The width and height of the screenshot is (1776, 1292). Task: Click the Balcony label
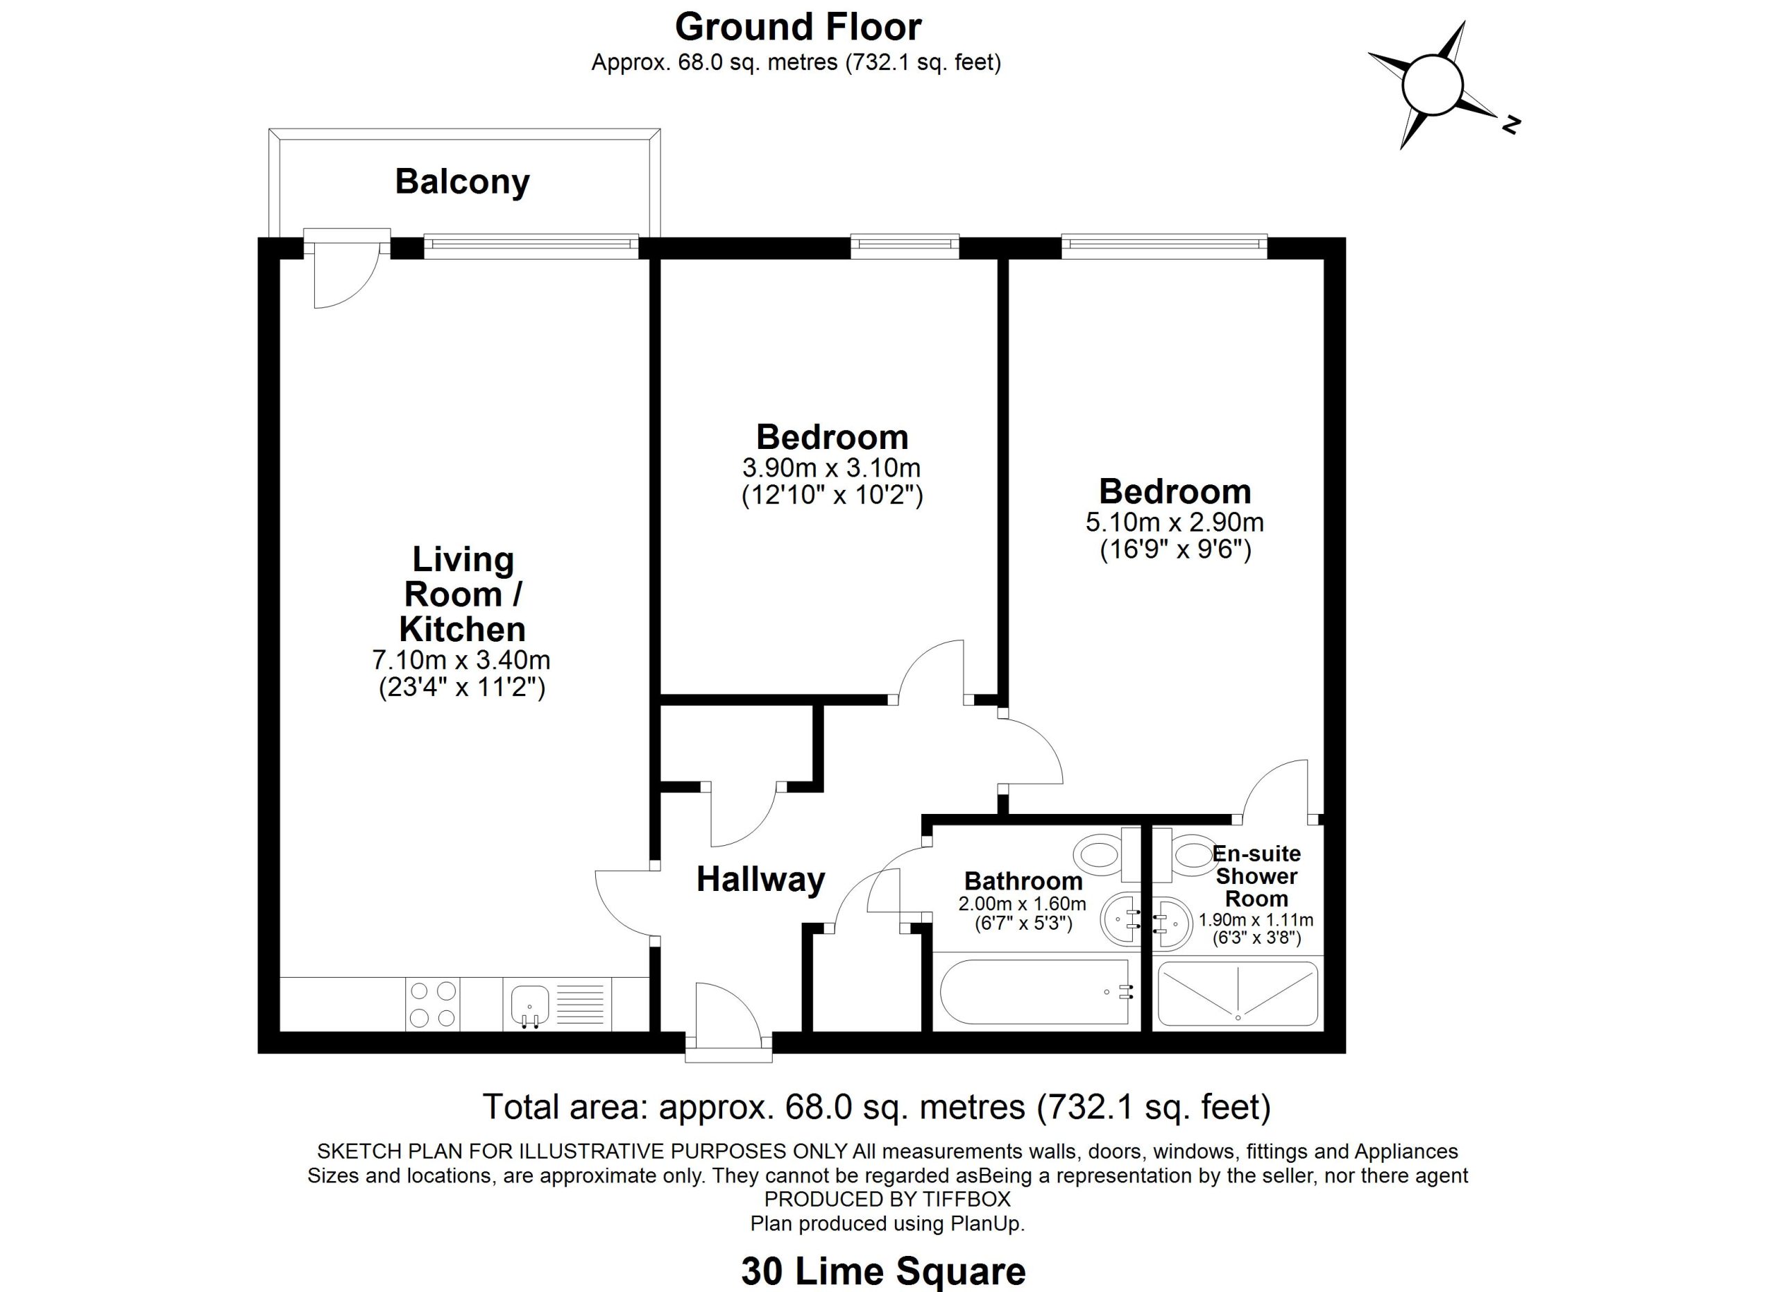tap(462, 182)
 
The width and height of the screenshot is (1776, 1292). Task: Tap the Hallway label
tap(760, 879)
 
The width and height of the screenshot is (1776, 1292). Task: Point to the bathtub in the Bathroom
tap(1034, 992)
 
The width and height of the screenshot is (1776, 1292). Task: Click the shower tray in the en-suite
tap(1237, 993)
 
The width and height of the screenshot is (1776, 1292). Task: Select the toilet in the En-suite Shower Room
tap(1186, 852)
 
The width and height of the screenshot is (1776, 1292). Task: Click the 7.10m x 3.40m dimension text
tap(461, 659)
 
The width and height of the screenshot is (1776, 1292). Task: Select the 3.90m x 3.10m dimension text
tap(832, 468)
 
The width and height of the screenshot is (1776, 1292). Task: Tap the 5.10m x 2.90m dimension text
tap(1175, 522)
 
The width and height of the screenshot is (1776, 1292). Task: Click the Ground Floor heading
tap(798, 27)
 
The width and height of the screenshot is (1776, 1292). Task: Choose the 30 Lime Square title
tap(883, 1272)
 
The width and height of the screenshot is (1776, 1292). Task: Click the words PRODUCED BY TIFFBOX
tap(887, 1199)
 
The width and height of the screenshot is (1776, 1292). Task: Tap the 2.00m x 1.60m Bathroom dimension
tap(1022, 904)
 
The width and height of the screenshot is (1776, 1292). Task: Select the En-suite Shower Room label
tap(1256, 876)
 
